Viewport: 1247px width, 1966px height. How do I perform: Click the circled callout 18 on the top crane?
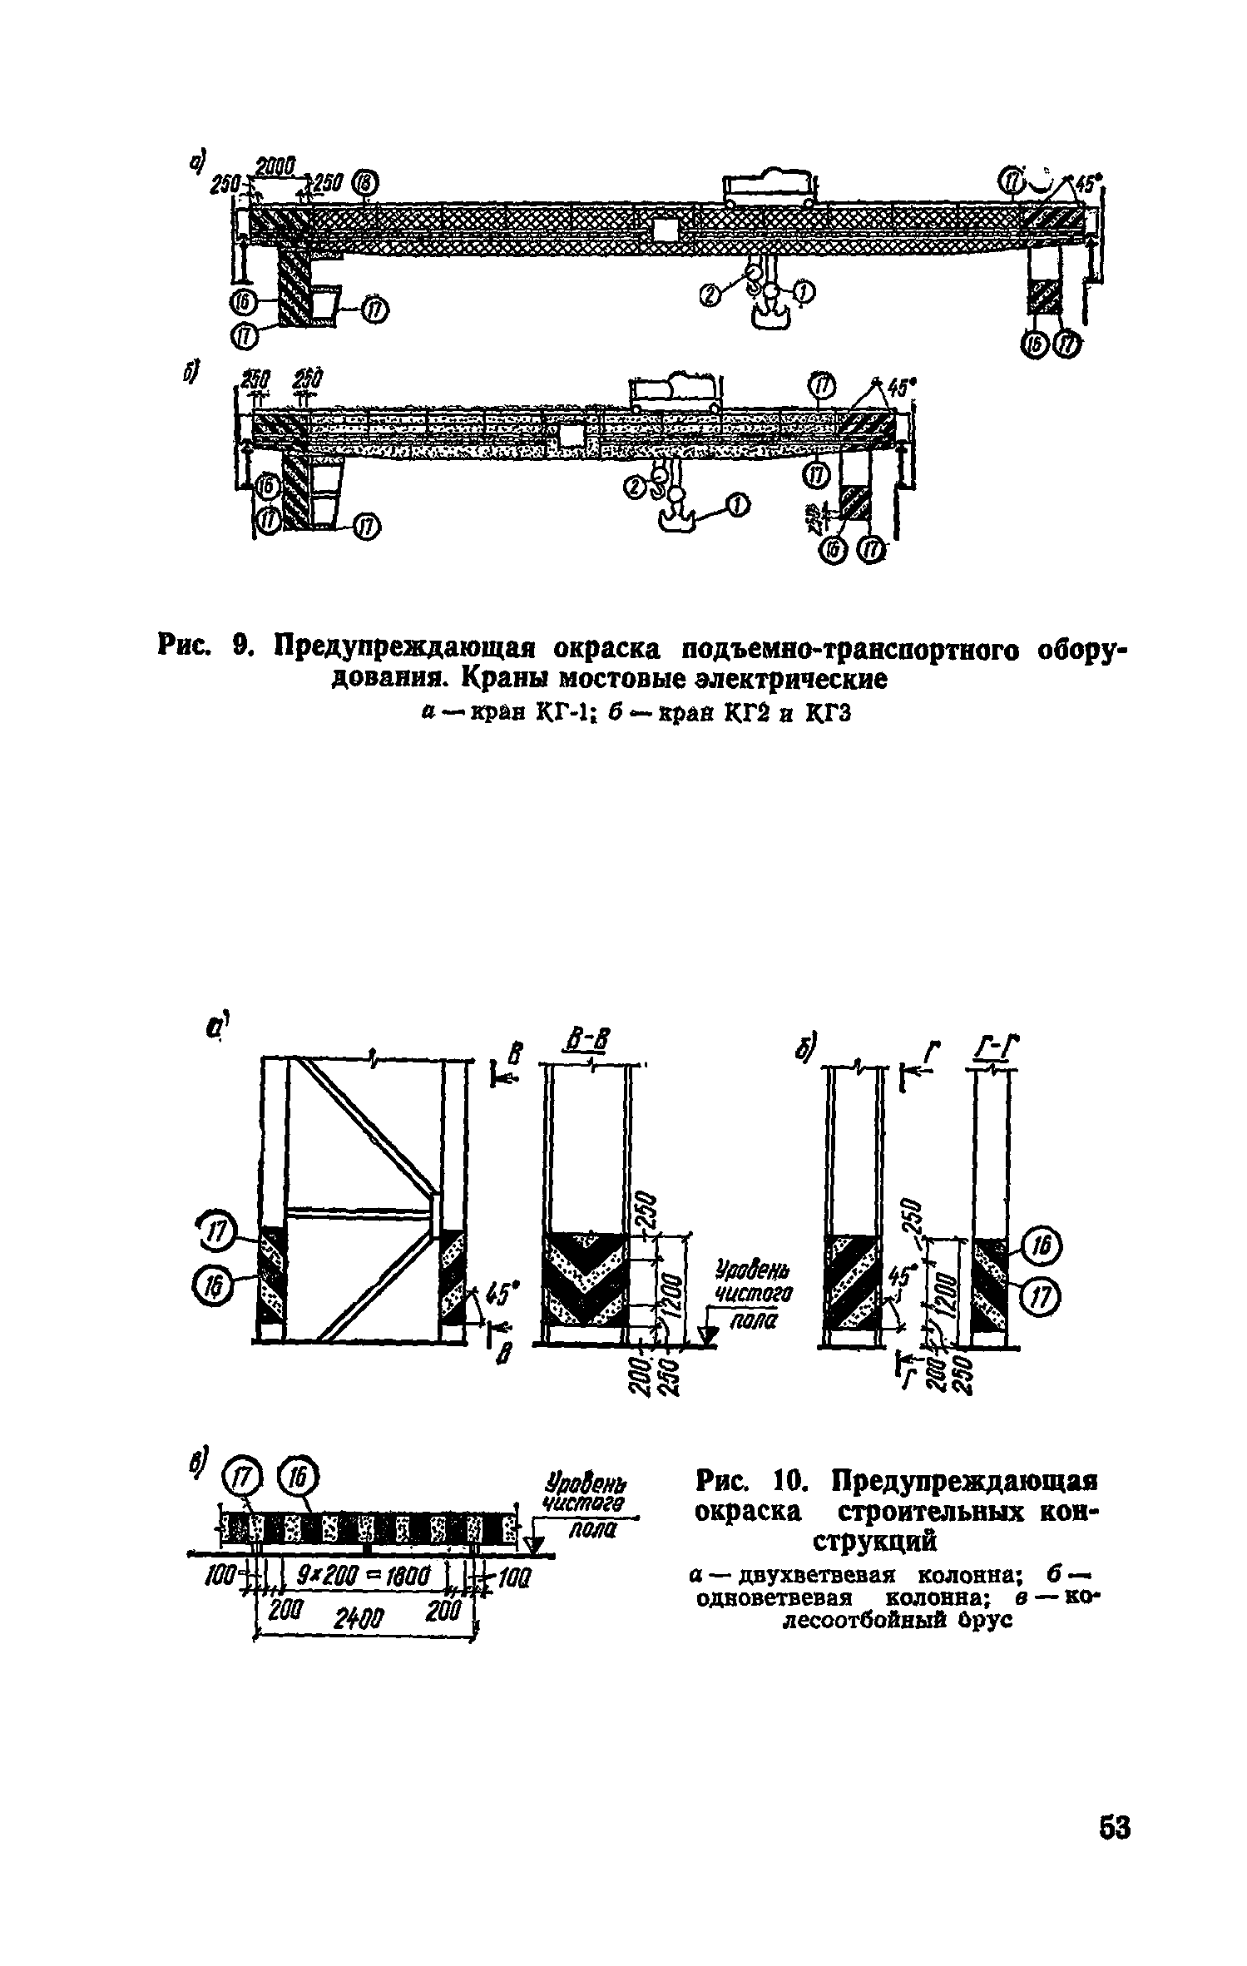tap(364, 182)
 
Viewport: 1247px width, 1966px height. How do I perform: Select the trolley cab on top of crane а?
tap(770, 185)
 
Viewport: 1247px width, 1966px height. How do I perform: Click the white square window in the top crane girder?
tap(666, 229)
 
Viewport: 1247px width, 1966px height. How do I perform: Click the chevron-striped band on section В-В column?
tap(583, 1278)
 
